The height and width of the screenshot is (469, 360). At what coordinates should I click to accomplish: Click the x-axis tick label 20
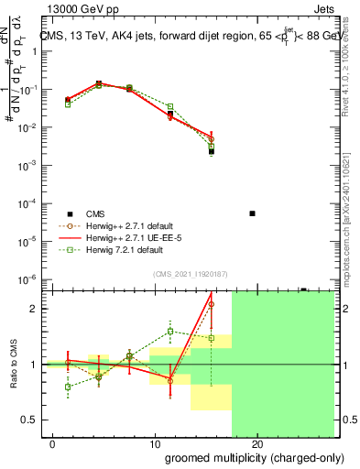(257, 444)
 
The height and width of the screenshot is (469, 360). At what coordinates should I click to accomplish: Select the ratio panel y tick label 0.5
(28, 420)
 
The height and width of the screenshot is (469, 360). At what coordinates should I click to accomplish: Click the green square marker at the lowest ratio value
(68, 387)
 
